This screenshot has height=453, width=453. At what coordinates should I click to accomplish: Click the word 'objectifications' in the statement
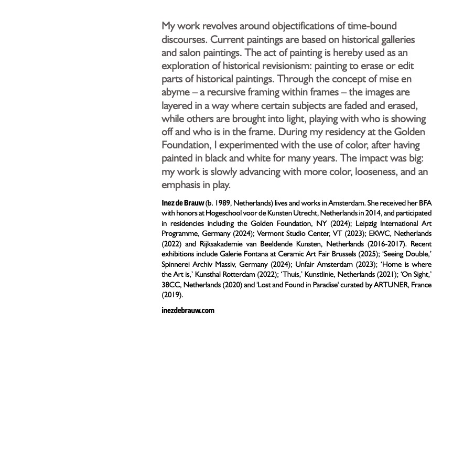[x=277, y=26]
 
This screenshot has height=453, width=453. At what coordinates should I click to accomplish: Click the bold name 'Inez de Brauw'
[x=182, y=203]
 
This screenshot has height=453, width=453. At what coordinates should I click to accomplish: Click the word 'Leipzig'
[x=367, y=223]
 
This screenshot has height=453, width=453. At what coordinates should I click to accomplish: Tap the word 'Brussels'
[x=341, y=254]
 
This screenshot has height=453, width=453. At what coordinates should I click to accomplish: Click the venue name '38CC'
[x=170, y=285]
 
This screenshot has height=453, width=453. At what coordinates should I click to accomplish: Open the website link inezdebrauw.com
[x=188, y=310]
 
